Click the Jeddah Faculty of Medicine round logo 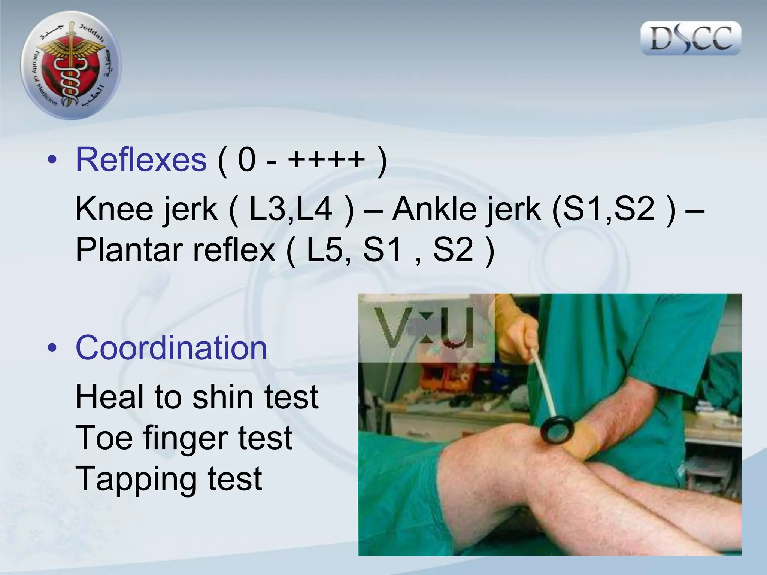pos(71,66)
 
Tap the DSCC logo pos(691,38)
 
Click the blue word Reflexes pos(141,160)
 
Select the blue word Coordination pos(171,348)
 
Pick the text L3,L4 pos(291,209)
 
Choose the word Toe pos(104,438)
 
